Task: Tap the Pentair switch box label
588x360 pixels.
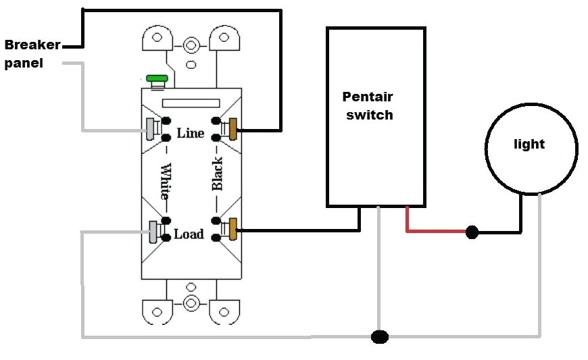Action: tap(368, 106)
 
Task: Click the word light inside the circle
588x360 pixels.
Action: tap(529, 144)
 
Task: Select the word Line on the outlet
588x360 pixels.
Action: tap(190, 133)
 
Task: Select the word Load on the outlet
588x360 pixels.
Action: tap(189, 234)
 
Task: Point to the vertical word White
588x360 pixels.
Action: tap(165, 181)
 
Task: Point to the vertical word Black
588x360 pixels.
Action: tap(217, 174)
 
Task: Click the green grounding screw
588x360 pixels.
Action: tap(157, 80)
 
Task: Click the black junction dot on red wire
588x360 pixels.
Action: tap(472, 233)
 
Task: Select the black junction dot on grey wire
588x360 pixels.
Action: tap(381, 336)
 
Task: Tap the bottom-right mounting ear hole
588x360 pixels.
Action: tap(223, 313)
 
